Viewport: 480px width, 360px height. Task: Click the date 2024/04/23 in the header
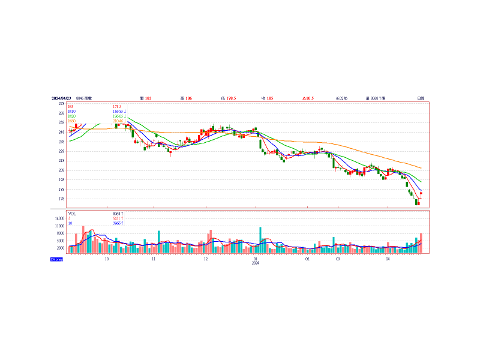coord(61,98)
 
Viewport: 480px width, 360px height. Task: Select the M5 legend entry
coord(71,107)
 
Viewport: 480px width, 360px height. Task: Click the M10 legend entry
coord(72,112)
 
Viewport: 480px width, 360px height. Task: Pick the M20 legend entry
coord(72,116)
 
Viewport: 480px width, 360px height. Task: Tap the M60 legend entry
coord(72,121)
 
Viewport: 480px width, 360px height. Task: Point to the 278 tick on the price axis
coord(61,104)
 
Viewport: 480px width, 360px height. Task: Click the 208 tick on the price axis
coord(61,170)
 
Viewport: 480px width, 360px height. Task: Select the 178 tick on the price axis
coord(61,199)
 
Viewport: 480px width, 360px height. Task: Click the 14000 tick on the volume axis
coord(59,219)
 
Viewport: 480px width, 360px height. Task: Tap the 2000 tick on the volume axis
coord(60,248)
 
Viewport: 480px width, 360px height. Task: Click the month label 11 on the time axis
coord(154,259)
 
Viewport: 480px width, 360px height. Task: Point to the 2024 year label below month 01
coord(255,263)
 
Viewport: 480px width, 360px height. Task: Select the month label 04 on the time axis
coord(388,259)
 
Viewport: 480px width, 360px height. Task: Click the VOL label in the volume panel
coord(72,214)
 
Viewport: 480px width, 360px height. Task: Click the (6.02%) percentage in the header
coord(341,98)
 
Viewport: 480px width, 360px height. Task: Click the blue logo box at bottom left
coord(56,259)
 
